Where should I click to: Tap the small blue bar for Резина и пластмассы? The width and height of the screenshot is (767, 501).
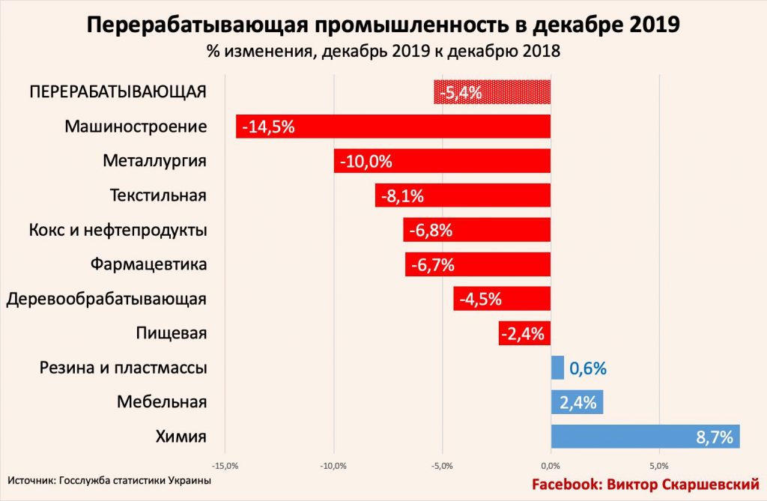tap(557, 368)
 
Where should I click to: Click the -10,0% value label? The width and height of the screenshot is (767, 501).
tap(366, 161)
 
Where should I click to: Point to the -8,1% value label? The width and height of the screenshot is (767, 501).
tap(401, 196)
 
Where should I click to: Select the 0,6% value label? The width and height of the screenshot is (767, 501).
tap(587, 368)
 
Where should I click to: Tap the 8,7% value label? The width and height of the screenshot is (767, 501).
tap(714, 437)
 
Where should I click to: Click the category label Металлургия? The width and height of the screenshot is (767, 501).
tap(154, 161)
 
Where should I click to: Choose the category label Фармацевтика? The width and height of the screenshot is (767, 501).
tap(148, 264)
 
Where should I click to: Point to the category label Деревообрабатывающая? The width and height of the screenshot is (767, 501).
tap(106, 299)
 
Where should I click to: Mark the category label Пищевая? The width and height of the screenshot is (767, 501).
tap(172, 333)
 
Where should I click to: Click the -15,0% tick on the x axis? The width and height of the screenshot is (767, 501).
tap(225, 466)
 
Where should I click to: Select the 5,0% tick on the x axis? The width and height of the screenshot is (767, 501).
tap(659, 466)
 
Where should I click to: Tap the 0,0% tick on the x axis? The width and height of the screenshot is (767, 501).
tap(551, 466)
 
